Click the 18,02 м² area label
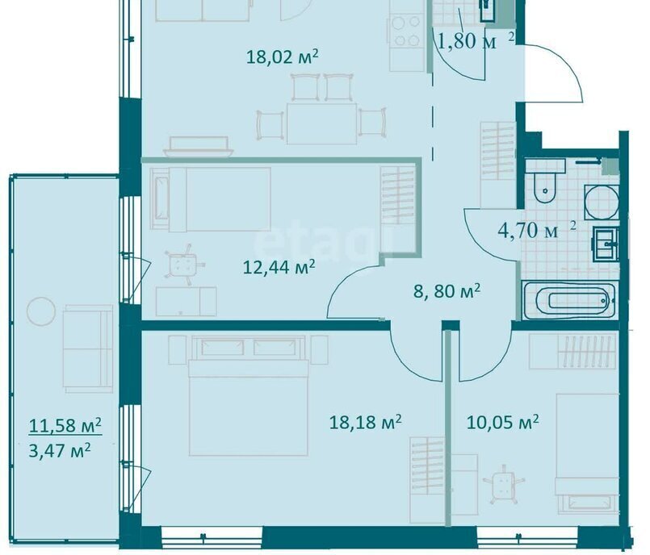pos(283,56)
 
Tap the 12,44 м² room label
pos(279,267)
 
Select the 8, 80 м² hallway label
pos(447,291)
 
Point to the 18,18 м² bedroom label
pos(365,422)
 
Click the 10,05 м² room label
pos(502,423)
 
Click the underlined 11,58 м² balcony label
pos(65,425)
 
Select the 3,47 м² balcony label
pos(60,450)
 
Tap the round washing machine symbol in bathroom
pos(602,203)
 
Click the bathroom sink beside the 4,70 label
pos(606,244)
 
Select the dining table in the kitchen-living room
pos(321,123)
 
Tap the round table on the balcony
pos(41,311)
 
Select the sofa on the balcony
pos(88,348)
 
